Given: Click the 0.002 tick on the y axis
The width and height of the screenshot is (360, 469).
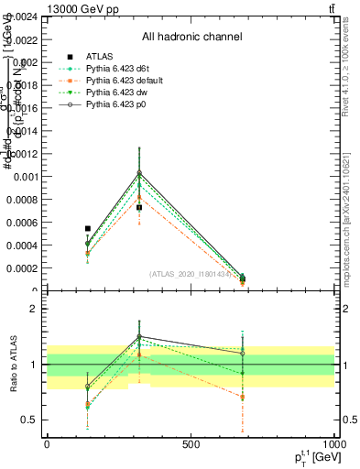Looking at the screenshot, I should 24,62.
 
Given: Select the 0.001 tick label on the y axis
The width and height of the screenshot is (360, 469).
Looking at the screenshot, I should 24,177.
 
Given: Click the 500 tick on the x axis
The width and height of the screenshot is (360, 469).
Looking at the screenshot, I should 191,444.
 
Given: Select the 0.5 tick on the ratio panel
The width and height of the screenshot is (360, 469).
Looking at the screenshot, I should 29,420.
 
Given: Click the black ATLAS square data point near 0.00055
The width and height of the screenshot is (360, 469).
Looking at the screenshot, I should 88,228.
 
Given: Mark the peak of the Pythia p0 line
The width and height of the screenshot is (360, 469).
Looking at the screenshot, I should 139,172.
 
